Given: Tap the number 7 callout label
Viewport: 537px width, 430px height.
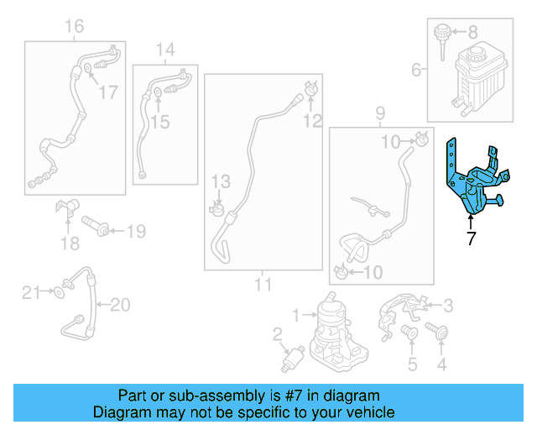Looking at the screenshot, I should [471, 239].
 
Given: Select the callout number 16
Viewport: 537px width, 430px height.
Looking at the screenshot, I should [74, 28].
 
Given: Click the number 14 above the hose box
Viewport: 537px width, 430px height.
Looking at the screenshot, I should [164, 50].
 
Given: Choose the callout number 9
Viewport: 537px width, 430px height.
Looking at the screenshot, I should [379, 113].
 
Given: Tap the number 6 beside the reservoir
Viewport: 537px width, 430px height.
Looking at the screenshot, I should [415, 71].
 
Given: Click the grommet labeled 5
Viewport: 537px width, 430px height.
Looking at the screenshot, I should [410, 333].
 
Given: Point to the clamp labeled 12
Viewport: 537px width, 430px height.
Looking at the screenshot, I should [310, 87].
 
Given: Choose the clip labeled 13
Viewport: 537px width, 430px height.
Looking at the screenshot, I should [219, 204].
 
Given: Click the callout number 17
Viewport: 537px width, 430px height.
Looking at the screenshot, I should [109, 92].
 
